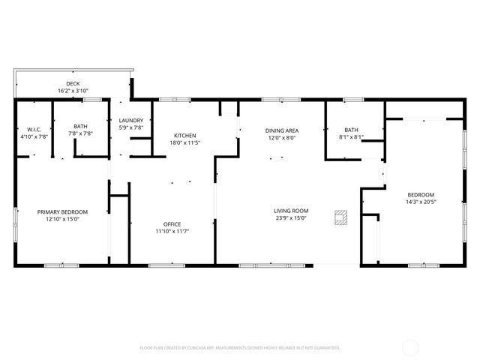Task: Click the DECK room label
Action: pos(73,84)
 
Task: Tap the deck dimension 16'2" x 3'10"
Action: pos(73,91)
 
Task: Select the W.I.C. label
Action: pos(32,129)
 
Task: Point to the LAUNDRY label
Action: pos(131,121)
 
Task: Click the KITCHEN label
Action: pos(185,136)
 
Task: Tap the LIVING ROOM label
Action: pos(291,211)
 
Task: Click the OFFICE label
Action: pos(172,224)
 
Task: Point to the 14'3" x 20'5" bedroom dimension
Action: pos(421,202)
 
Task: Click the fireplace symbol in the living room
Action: pos(341,217)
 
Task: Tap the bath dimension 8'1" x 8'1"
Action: pos(351,137)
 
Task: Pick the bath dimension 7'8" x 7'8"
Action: pos(81,133)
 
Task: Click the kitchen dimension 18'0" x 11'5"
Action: pos(185,142)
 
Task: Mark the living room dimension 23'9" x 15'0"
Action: pos(291,218)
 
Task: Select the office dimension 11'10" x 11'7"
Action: pos(172,232)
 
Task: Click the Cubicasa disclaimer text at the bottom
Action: pos(240,348)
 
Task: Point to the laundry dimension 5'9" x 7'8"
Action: pos(131,128)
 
